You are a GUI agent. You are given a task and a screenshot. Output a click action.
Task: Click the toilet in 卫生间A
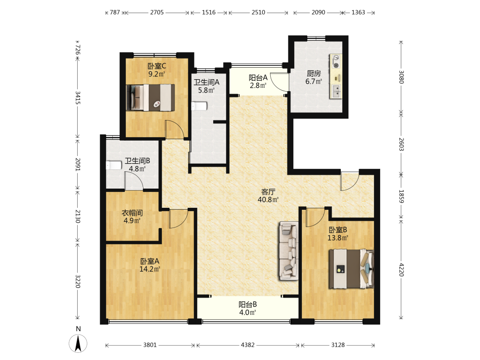199,106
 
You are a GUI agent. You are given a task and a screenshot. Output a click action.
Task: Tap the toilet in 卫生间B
114,165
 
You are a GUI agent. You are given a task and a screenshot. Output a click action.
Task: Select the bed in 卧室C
150,97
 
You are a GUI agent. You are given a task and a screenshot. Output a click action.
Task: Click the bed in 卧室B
351,269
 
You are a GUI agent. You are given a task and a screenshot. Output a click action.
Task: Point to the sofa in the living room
288,251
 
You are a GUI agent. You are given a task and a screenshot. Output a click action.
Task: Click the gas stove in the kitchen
336,61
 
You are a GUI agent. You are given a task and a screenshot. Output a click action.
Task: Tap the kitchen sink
336,92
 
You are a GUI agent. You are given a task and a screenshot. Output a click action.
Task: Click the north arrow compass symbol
78,343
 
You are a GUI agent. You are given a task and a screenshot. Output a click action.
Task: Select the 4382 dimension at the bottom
248,345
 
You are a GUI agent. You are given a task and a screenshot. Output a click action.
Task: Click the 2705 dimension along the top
157,12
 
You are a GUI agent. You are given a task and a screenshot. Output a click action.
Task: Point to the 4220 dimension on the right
401,270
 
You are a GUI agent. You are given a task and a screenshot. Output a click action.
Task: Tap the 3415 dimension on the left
78,97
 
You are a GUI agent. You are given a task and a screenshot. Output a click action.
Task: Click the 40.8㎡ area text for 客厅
268,200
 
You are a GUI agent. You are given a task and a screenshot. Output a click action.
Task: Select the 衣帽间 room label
132,213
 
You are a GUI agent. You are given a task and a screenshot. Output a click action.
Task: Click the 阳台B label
248,305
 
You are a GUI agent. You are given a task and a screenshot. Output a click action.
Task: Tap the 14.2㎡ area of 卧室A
150,269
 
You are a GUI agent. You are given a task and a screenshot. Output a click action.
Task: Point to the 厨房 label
314,73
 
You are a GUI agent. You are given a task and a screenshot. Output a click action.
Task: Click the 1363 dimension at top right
358,12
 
